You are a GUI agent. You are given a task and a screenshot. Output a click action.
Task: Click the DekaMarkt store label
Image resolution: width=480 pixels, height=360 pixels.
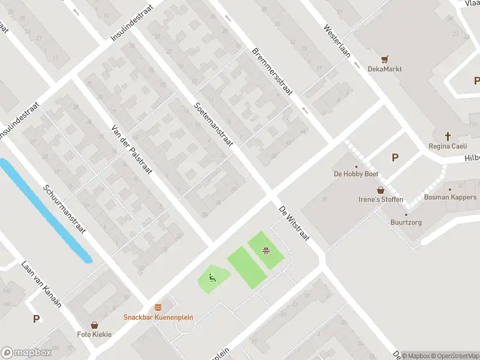[x=385, y=69]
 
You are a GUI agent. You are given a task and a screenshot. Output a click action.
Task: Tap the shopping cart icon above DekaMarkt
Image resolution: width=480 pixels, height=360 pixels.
[x=385, y=59]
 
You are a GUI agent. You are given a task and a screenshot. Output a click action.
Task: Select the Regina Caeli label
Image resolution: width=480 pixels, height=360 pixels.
[x=448, y=146]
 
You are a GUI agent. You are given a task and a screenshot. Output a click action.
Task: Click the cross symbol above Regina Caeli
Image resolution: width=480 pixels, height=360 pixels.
[x=448, y=136]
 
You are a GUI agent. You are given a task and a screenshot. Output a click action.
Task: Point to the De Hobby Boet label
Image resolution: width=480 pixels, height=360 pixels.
[x=356, y=175]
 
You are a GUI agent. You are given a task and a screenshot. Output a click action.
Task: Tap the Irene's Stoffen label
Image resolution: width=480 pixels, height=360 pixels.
[x=380, y=200]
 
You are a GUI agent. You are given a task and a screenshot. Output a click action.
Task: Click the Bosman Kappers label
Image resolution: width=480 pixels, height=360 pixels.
[x=450, y=197]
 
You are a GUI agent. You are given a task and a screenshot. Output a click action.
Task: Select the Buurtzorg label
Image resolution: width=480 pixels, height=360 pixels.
[x=406, y=223]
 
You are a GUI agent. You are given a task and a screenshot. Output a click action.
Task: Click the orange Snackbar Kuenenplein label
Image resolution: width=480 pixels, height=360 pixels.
[x=158, y=317]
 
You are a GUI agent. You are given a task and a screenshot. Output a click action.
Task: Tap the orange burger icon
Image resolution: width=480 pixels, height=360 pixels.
[x=158, y=307]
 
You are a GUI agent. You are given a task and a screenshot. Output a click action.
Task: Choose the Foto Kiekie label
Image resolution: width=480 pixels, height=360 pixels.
[x=94, y=334]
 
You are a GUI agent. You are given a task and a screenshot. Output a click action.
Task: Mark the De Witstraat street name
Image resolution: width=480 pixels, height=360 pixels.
[x=293, y=223]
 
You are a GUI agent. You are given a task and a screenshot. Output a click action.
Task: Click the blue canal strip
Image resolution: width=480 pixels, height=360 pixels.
[x=45, y=209]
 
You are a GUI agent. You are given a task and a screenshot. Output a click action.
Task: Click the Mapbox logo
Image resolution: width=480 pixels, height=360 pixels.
[x=26, y=353]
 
